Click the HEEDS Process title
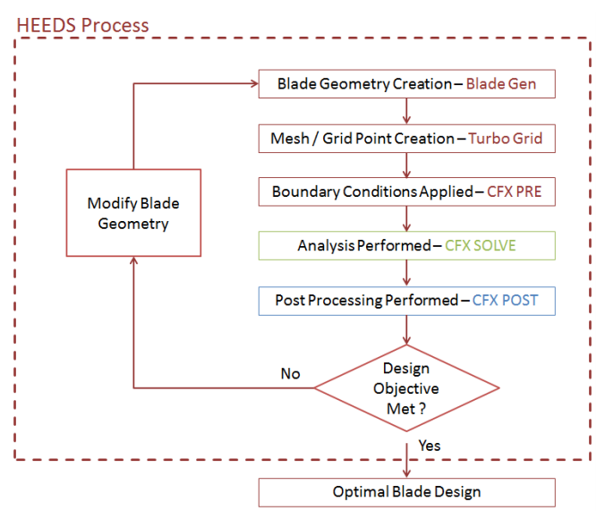tap(83, 24)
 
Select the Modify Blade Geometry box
tap(133, 213)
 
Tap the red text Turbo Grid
tap(506, 139)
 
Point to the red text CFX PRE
tap(515, 192)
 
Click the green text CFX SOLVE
tap(481, 245)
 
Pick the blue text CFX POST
tap(506, 300)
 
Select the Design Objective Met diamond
tap(406, 388)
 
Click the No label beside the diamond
tap(290, 373)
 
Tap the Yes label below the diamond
tap(430, 445)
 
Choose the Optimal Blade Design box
tap(406, 492)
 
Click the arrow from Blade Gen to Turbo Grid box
tap(407, 111)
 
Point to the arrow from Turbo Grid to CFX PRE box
tap(407, 166)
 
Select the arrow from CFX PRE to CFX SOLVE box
tap(407, 218)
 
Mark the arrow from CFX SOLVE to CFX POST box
tap(407, 273)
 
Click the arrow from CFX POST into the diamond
tap(407, 329)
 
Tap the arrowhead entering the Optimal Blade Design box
tap(407, 473)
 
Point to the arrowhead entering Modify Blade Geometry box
tap(133, 260)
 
